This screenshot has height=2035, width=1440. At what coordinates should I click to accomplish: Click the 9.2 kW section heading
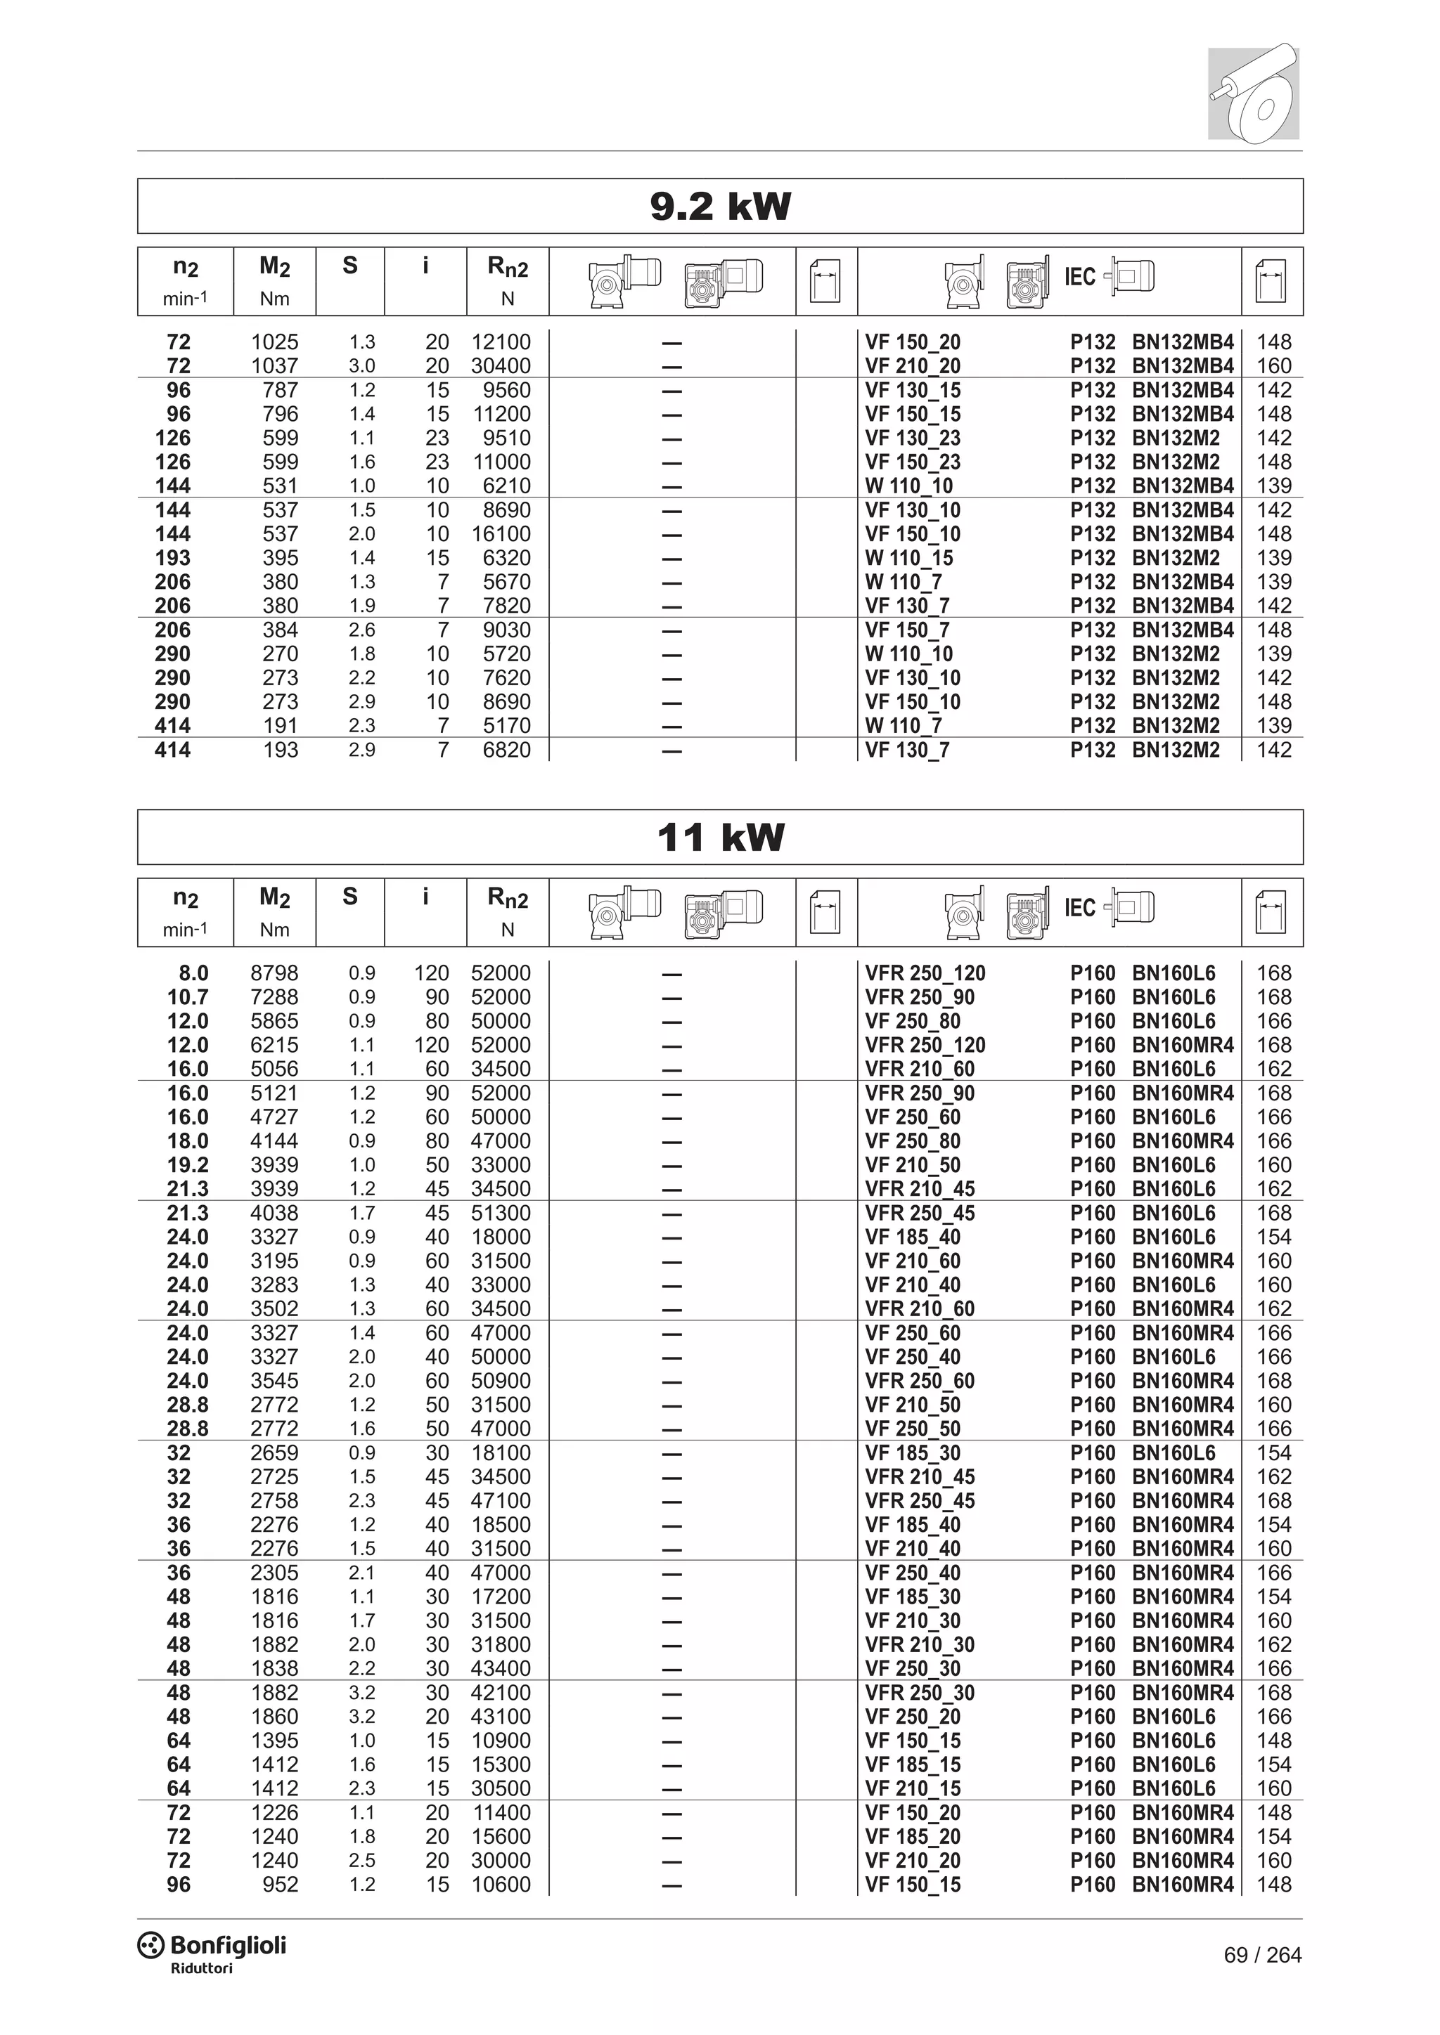click(720, 207)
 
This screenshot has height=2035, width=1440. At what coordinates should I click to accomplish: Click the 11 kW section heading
click(720, 838)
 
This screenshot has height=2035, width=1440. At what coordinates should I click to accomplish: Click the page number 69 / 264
click(1262, 1955)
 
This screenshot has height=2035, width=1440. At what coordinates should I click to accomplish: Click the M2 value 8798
click(274, 973)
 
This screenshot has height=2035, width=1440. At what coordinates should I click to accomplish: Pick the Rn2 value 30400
click(501, 366)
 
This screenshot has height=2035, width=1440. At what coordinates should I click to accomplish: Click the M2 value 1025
click(274, 342)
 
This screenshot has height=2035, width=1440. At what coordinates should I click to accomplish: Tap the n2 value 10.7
click(188, 997)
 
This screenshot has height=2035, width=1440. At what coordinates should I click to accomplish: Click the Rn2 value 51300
click(501, 1212)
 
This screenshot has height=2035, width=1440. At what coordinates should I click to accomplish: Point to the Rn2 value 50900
click(501, 1381)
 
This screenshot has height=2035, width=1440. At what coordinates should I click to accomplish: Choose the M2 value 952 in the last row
click(281, 1885)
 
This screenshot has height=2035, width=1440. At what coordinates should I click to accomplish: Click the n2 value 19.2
click(188, 1164)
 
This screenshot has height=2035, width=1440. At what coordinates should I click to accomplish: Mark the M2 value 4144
click(274, 1140)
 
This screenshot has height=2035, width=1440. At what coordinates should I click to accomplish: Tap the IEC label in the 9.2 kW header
click(1079, 278)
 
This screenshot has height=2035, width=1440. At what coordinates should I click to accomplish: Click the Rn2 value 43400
click(501, 1668)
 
